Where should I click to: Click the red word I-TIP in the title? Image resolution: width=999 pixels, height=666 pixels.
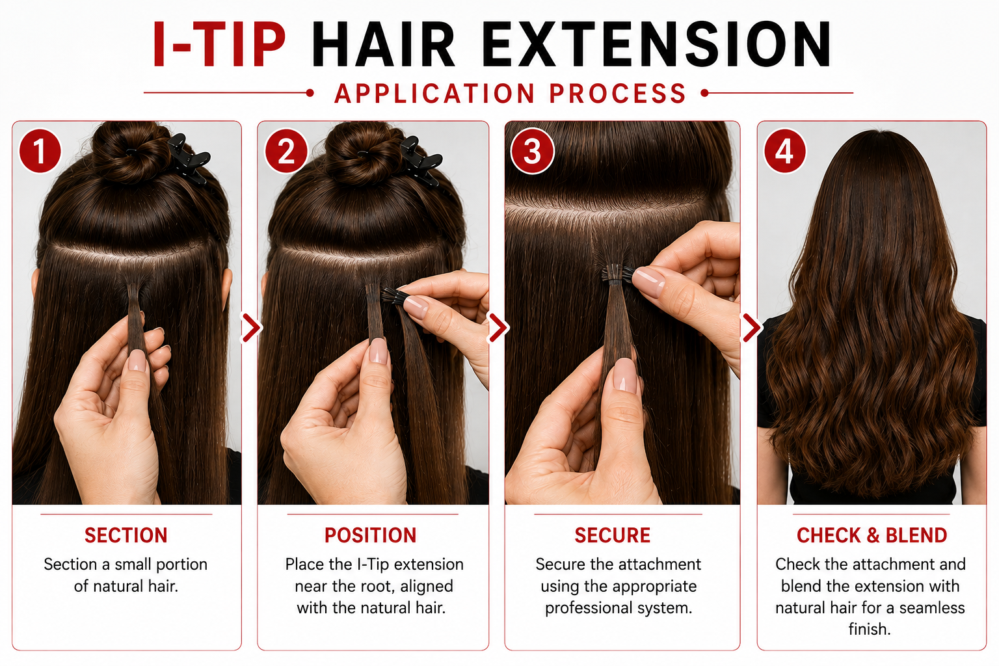coord(219,45)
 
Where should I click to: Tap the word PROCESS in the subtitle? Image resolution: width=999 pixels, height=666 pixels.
coord(617,94)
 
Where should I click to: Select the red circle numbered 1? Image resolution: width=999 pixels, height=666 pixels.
coord(40,151)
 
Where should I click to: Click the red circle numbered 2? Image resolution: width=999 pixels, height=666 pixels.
coord(286,151)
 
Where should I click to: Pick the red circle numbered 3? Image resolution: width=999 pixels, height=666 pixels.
coord(532,151)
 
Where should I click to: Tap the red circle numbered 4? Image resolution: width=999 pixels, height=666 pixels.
coord(784,151)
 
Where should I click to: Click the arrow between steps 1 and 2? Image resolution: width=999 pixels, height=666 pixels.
coord(252,327)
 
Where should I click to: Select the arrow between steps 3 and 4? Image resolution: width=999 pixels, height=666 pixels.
coord(751,327)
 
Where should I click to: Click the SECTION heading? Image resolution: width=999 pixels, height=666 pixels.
coord(126,535)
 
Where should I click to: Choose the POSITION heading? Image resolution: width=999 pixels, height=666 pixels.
coord(371,535)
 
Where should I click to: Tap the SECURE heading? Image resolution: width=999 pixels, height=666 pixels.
coord(612,535)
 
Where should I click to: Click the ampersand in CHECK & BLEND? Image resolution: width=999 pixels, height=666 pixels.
coord(873,535)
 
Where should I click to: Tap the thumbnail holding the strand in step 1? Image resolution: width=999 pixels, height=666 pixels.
coord(137,360)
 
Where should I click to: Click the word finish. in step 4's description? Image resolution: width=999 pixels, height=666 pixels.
coord(869,630)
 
